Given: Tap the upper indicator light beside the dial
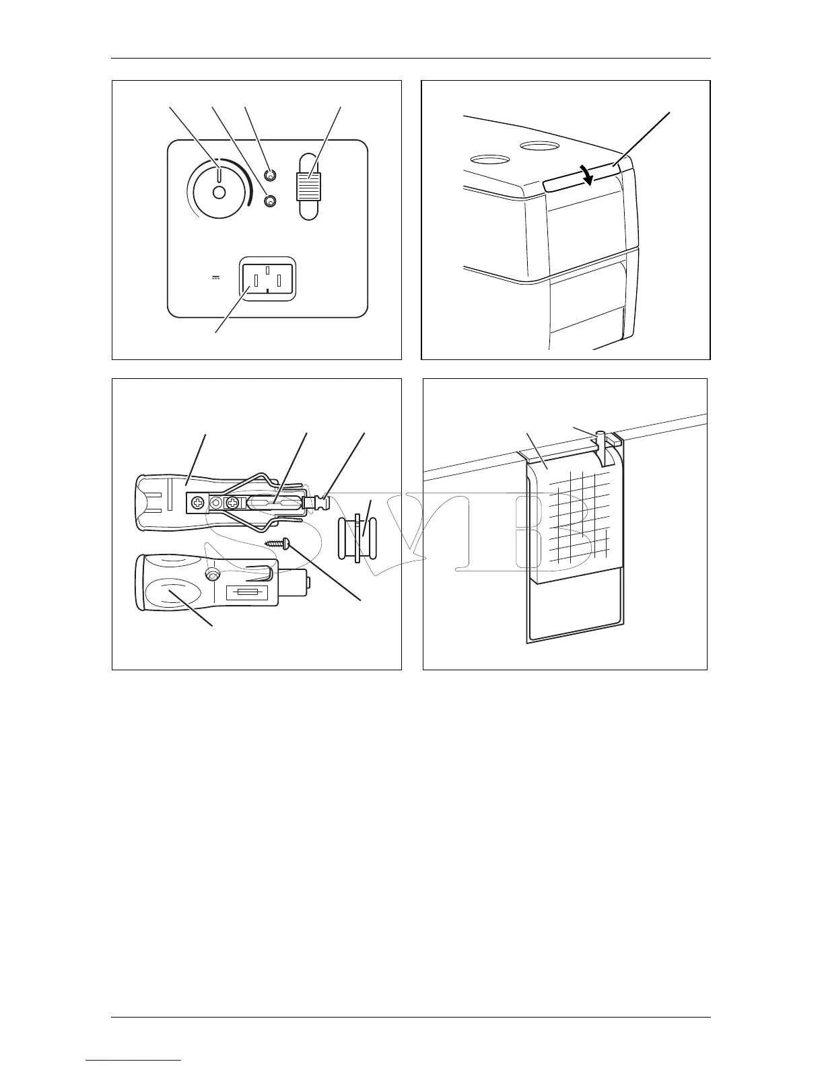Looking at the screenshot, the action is pyautogui.click(x=270, y=176).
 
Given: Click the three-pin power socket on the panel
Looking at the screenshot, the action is pyautogui.click(x=267, y=279).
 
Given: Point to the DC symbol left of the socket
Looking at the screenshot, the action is pyautogui.click(x=216, y=277).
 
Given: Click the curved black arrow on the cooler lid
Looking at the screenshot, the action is pyautogui.click(x=588, y=175).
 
